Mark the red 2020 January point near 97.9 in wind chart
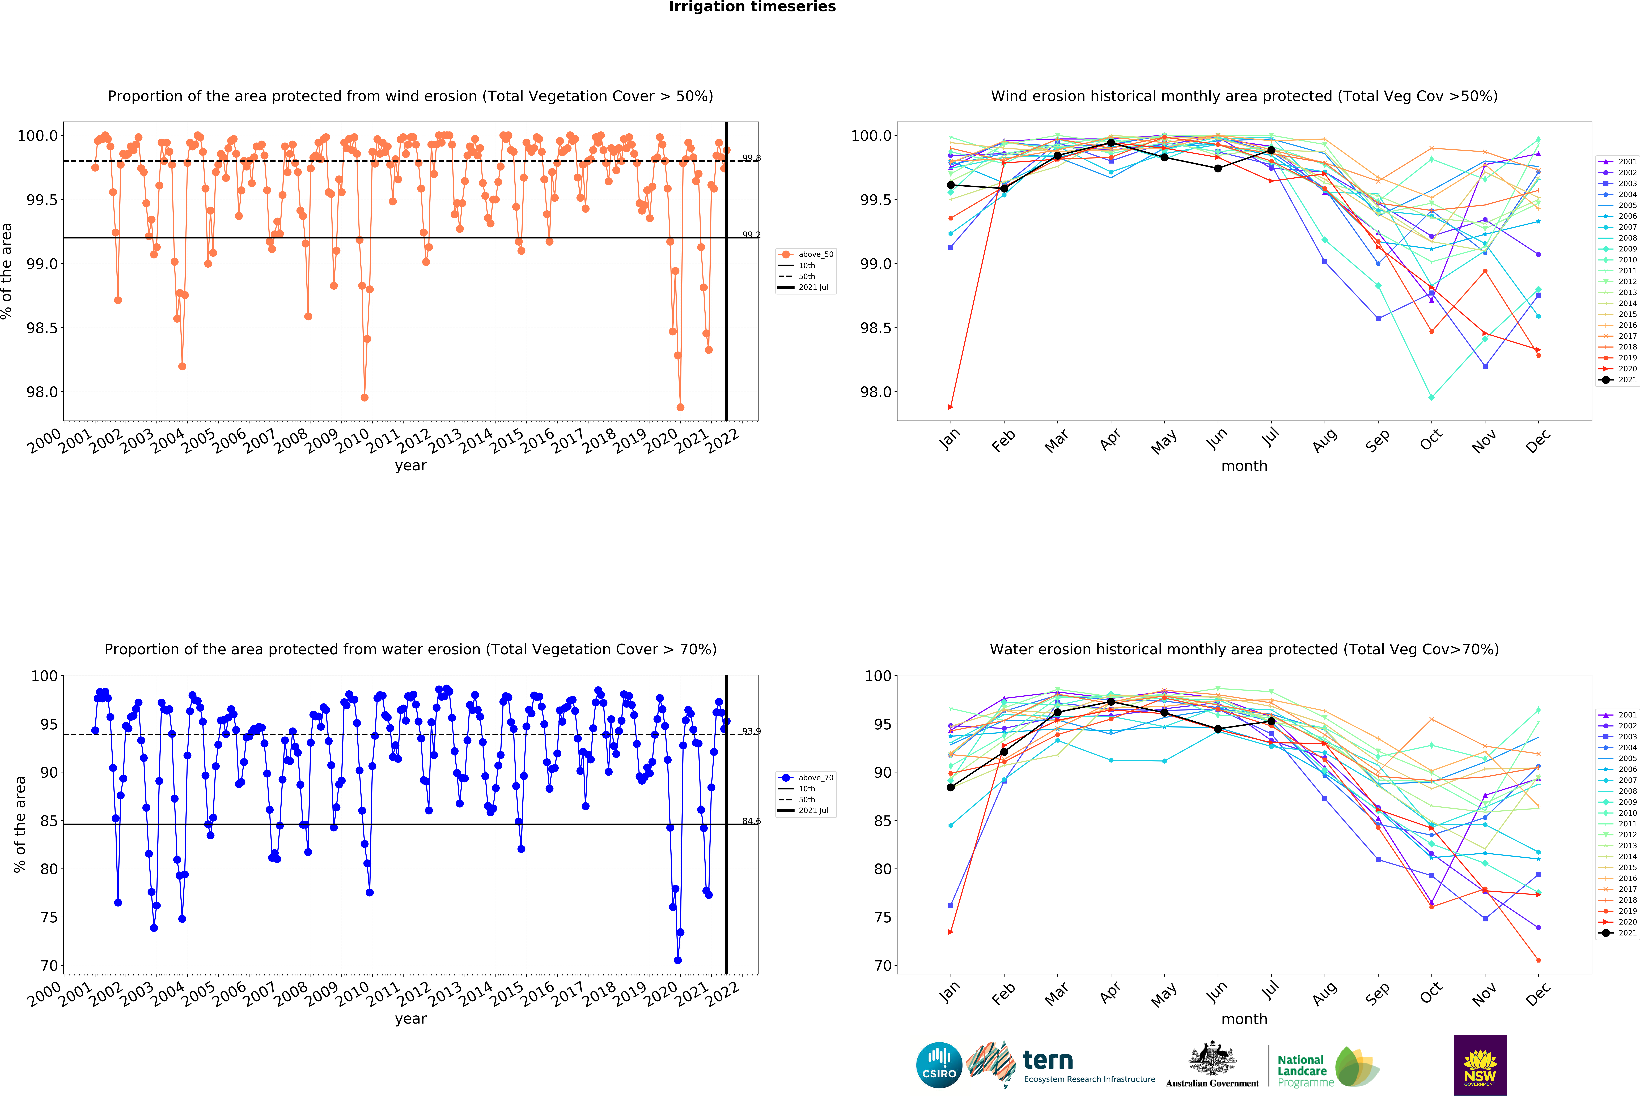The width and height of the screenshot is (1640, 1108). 951,407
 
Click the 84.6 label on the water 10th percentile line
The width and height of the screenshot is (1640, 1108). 751,821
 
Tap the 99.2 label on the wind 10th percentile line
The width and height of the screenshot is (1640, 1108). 751,235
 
